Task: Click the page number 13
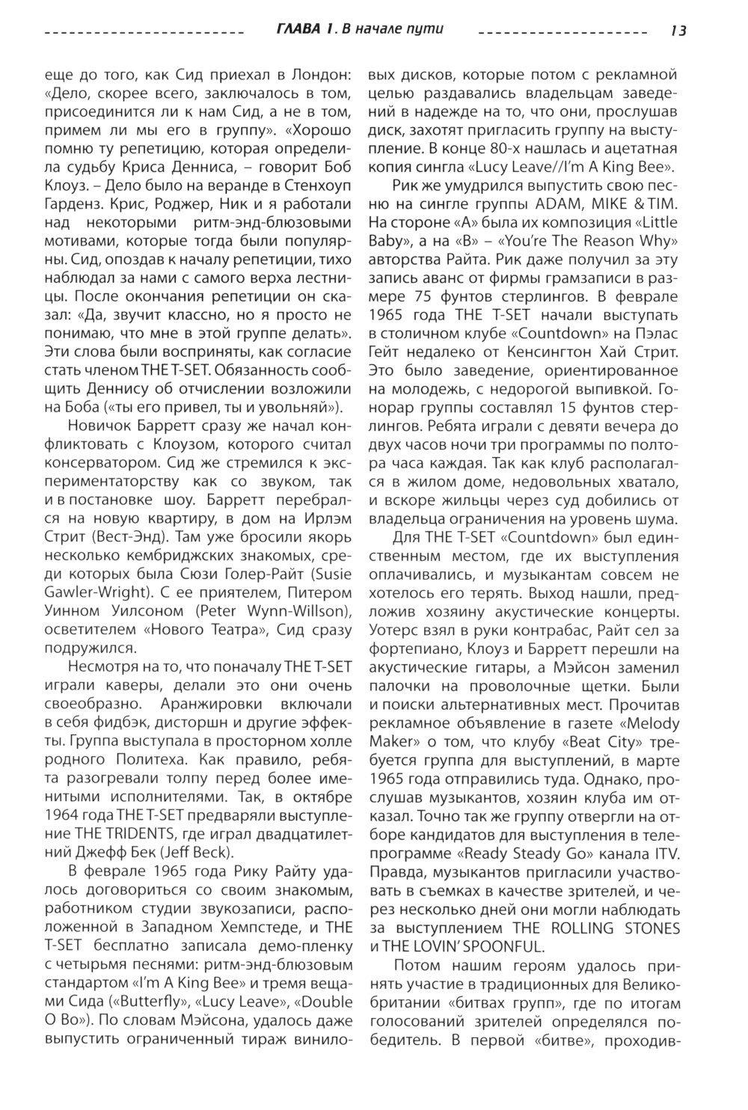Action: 678,31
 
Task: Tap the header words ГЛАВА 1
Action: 303,29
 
